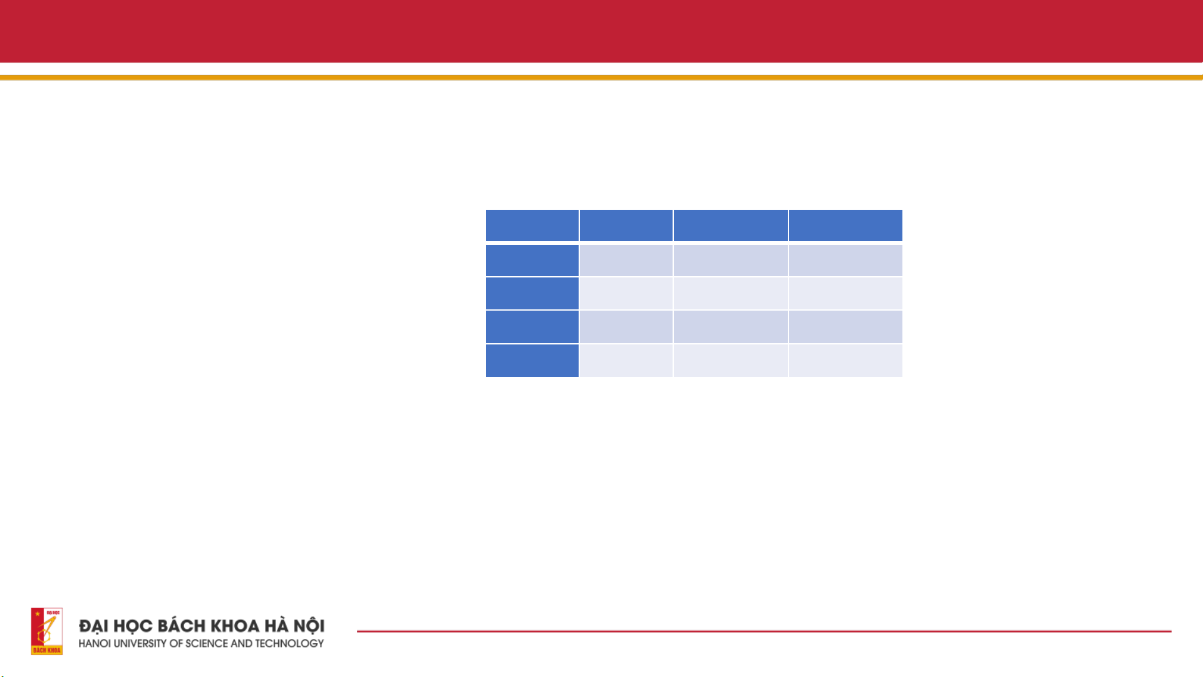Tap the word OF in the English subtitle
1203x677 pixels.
click(176, 644)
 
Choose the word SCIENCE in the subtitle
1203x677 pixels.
click(206, 644)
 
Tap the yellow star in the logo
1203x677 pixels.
click(38, 614)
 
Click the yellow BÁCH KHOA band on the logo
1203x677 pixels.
click(47, 650)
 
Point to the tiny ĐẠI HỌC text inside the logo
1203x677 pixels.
click(53, 612)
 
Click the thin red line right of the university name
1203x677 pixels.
click(764, 631)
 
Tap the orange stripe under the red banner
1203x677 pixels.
click(601, 78)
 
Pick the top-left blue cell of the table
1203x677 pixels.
click(532, 225)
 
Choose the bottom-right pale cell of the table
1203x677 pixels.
click(845, 361)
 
